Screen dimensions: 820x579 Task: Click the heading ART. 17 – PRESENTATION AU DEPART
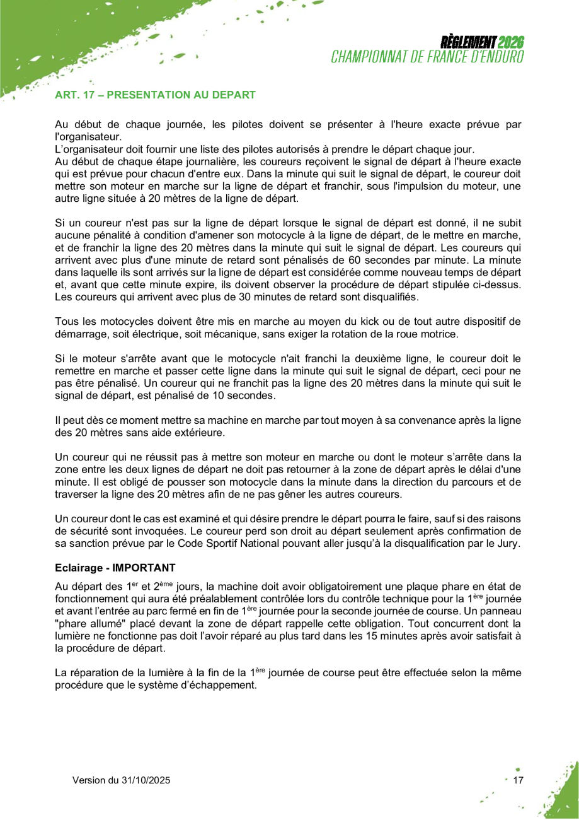coord(155,95)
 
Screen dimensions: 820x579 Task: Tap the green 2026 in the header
coord(511,44)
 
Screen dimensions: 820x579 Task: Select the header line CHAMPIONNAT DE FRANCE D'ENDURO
coord(428,57)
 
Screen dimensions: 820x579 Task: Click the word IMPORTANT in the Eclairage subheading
coord(148,567)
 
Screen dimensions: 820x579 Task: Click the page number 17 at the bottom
coord(519,780)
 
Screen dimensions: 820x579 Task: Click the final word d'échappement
coord(220,686)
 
